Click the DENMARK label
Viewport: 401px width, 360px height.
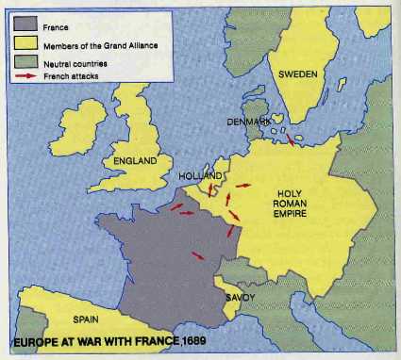coord(249,123)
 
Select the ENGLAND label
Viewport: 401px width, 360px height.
coord(135,161)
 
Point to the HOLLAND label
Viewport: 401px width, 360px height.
coord(199,176)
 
